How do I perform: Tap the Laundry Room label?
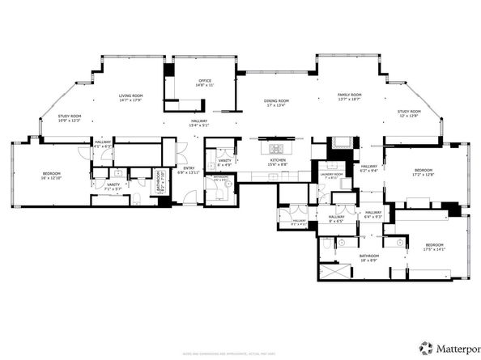[x=331, y=176]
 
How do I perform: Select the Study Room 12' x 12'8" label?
[x=408, y=113]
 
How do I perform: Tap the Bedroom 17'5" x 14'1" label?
[x=434, y=247]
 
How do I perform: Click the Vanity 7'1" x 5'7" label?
[x=113, y=186]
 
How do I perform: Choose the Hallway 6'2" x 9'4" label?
[x=369, y=168]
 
